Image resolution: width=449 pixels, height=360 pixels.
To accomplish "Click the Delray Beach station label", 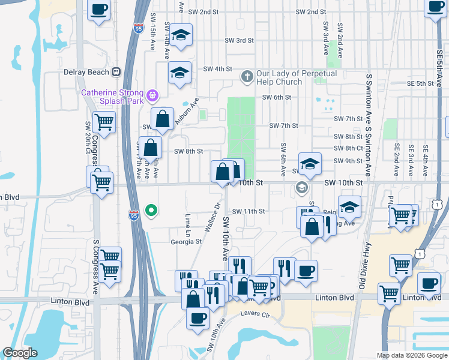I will tap(86, 72).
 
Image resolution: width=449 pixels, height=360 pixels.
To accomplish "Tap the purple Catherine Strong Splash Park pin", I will tap(153, 94).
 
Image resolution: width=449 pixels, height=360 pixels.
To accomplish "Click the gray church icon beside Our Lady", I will tap(246, 77).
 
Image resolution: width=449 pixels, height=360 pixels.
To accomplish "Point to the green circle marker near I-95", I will tap(152, 210).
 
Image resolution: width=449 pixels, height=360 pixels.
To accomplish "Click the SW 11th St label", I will tap(248, 211).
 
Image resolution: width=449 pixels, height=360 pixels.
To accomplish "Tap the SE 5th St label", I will tap(420, 83).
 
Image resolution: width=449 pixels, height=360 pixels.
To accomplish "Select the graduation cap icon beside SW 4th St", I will tap(179, 73).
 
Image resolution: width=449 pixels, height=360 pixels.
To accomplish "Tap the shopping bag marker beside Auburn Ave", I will tap(162, 119).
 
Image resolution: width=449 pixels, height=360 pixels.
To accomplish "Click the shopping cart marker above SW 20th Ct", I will tap(104, 122).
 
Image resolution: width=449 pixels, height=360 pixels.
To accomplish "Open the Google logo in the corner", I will tap(20, 353).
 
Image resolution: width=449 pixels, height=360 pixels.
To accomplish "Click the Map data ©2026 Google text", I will tap(411, 355).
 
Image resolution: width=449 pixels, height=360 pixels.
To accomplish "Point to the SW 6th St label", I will tap(276, 97).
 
